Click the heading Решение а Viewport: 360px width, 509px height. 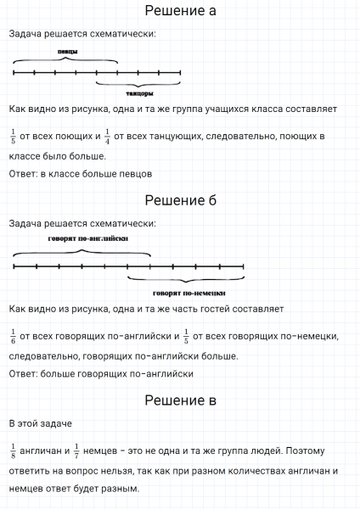tap(180, 12)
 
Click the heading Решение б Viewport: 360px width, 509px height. tap(180, 201)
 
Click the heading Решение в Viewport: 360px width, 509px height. tap(180, 400)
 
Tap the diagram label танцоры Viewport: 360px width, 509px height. tap(138, 93)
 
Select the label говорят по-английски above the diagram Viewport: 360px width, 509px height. tap(83, 240)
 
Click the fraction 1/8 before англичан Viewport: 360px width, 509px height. tap(14, 450)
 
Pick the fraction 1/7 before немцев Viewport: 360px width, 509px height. tap(76, 450)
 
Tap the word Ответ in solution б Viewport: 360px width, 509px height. tap(23, 373)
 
